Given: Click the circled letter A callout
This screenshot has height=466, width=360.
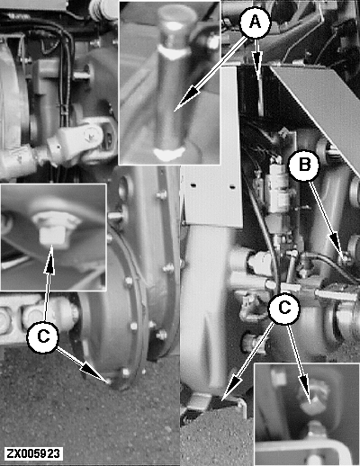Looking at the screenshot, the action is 256,22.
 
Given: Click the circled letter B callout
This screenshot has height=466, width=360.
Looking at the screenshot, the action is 304,165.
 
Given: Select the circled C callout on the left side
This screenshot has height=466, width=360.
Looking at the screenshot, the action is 43,336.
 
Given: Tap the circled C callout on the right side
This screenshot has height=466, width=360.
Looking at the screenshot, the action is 284,309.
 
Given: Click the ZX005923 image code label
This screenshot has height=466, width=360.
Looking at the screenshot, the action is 33,453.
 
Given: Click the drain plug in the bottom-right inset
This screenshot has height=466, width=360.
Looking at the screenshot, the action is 313,399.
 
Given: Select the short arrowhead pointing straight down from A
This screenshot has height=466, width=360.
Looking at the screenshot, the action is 257,61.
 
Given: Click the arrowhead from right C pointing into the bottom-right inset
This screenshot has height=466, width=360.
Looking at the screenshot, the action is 305,386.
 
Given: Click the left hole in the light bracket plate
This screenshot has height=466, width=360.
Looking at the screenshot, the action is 193,186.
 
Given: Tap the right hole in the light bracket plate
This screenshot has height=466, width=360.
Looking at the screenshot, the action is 232,187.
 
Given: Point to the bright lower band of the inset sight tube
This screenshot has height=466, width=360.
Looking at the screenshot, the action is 168,154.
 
